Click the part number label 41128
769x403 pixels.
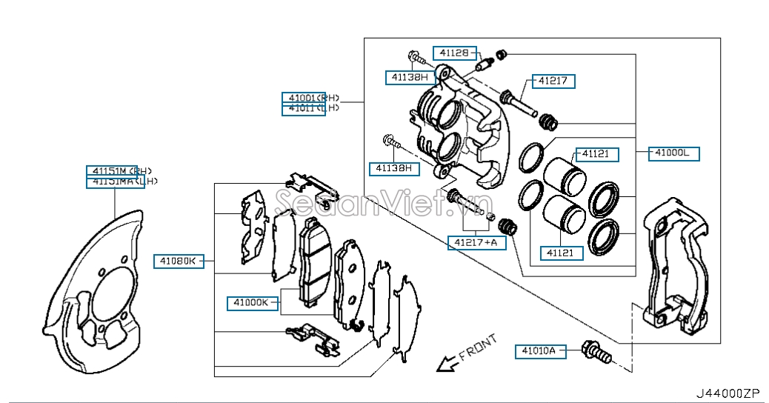[453, 53]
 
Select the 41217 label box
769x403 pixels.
[552, 81]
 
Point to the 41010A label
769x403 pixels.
[540, 351]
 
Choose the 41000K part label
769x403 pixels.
[253, 302]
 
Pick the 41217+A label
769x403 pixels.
[476, 242]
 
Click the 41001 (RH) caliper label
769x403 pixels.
[310, 98]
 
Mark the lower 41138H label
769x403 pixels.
[394, 168]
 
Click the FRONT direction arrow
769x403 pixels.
[446, 363]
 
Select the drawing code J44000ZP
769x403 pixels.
[728, 393]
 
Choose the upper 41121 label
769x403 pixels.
[594, 154]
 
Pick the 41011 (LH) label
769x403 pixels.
[310, 109]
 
